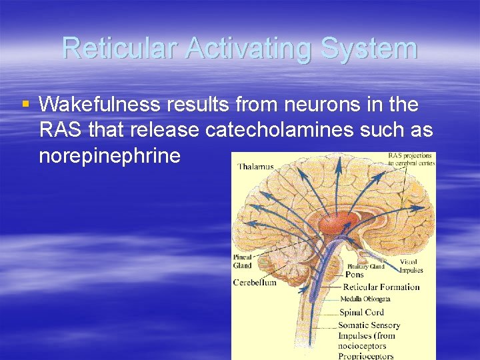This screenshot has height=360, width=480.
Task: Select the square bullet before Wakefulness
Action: point(26,104)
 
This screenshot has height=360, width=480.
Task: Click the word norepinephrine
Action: point(110,156)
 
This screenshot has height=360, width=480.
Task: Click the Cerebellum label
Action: point(255,282)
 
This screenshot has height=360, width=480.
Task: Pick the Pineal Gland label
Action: point(243,262)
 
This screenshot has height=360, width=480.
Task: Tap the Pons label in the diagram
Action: point(355,274)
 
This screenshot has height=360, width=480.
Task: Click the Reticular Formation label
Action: point(381,287)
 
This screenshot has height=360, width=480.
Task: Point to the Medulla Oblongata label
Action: point(366,299)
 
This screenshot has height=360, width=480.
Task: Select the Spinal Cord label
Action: point(361,312)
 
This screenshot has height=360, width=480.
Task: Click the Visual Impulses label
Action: point(411,266)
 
